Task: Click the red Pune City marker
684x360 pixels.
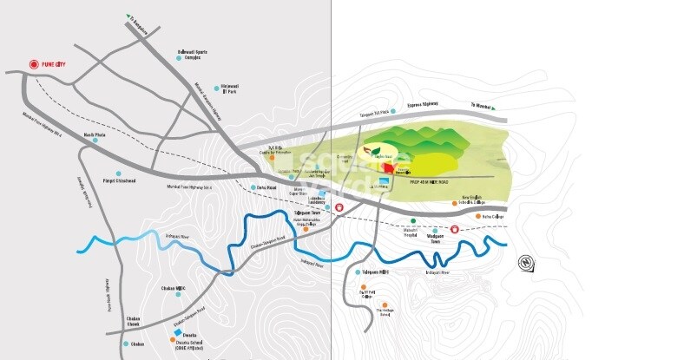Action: click(34, 64)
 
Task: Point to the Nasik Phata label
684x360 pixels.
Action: click(95, 135)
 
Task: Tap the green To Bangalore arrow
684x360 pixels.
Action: click(130, 16)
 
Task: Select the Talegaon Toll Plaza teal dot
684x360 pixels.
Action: click(393, 111)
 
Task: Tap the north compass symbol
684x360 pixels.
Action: click(525, 261)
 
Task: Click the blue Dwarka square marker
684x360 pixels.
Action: click(178, 333)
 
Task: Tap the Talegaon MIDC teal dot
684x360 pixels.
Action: click(358, 272)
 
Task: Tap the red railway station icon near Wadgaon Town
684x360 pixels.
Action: click(453, 228)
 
